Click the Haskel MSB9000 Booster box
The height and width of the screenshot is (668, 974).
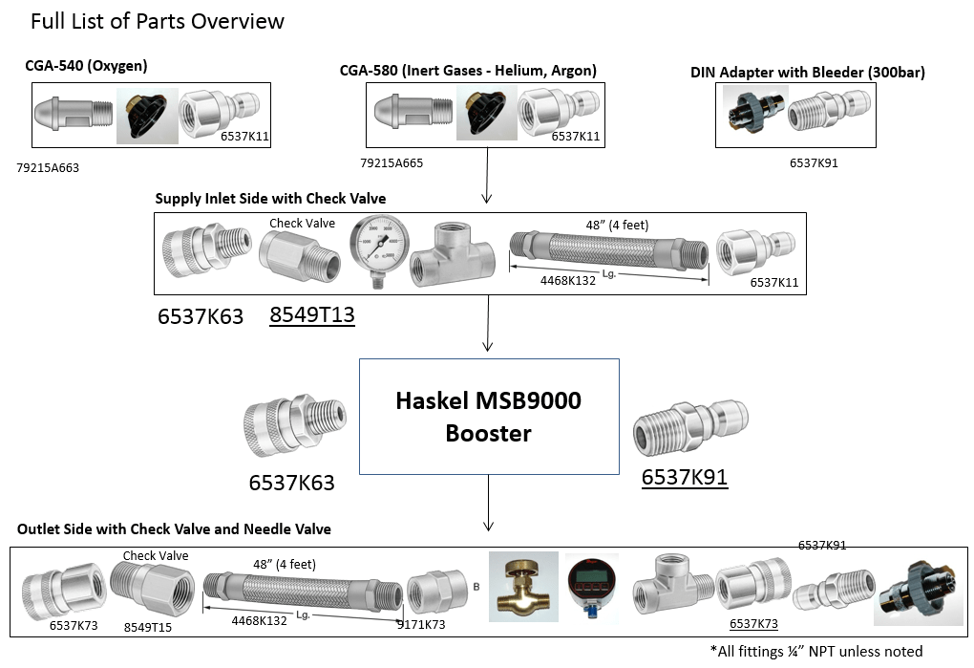tap(489, 417)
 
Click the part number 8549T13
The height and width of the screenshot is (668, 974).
tap(311, 315)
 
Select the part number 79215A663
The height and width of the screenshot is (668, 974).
tap(48, 168)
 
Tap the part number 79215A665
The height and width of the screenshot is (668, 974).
tap(392, 163)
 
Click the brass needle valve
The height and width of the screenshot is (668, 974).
tap(520, 588)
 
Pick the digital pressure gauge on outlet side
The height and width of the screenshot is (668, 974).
tap(591, 585)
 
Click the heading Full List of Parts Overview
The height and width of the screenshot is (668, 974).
tap(158, 21)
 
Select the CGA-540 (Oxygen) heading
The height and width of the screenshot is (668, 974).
tap(86, 66)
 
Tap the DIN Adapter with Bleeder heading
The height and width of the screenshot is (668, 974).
tap(807, 73)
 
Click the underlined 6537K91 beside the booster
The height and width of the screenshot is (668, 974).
tap(685, 478)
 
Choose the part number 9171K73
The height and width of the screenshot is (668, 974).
tap(421, 625)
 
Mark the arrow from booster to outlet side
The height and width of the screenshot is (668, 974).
tap(489, 503)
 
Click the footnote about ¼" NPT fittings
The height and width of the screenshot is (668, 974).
tap(816, 651)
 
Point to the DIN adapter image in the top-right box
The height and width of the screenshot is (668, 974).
tap(753, 115)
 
